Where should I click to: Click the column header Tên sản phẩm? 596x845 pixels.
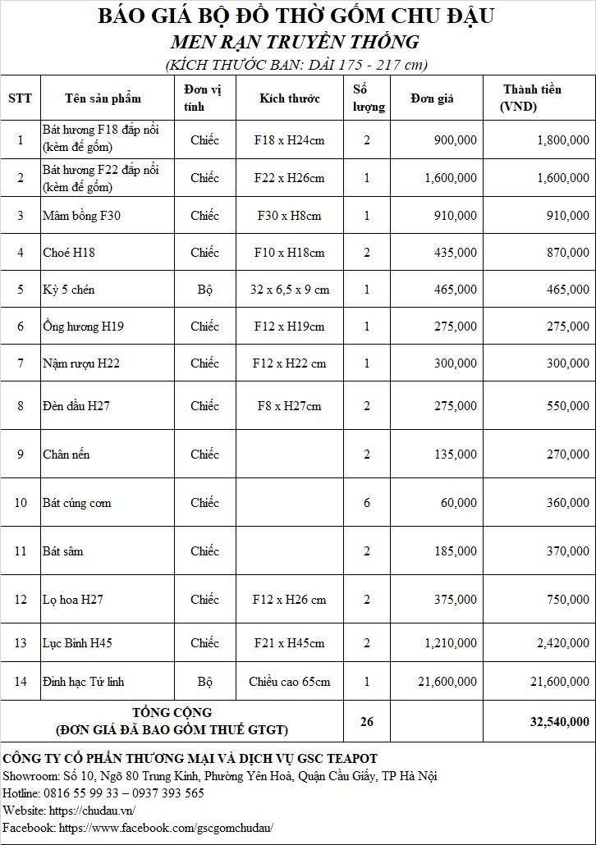[x=103, y=98]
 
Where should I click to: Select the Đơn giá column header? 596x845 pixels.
[x=432, y=98]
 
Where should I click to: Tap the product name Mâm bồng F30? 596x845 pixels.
[x=72, y=216]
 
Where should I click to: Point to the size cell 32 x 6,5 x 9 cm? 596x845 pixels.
[x=289, y=290]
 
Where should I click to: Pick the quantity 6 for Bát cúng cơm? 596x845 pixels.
[x=367, y=503]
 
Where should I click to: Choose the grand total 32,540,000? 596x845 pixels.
[x=558, y=722]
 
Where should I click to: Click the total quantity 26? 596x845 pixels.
[x=367, y=722]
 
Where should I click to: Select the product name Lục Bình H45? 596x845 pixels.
[x=77, y=643]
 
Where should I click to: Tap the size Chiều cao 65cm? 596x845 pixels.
[x=289, y=682]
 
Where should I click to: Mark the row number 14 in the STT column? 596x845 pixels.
[x=21, y=682]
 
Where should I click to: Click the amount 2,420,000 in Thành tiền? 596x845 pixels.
[x=562, y=643]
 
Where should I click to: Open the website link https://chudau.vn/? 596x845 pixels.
[x=91, y=811]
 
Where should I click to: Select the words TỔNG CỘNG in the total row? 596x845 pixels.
[x=172, y=712]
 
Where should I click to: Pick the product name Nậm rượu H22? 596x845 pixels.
[x=80, y=363]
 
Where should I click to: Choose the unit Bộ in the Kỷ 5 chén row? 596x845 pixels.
[x=204, y=290]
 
